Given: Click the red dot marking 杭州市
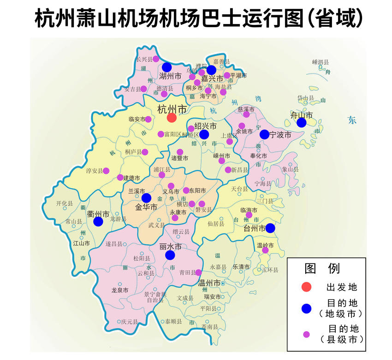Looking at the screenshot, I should [x=172, y=118].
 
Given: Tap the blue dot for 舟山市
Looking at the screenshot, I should [x=302, y=122].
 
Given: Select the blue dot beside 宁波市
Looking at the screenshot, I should [x=264, y=134].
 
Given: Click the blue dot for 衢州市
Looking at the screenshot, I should [x=98, y=222].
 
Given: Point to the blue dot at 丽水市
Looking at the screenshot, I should [x=170, y=255].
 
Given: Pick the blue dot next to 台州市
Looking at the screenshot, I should [x=270, y=228].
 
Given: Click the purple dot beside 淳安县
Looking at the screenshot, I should [x=106, y=171].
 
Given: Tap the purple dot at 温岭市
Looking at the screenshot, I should [x=265, y=250].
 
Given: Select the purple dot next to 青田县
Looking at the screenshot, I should [x=198, y=272].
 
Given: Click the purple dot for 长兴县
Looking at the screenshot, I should [x=156, y=59].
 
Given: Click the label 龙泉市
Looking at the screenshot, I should [x=120, y=290].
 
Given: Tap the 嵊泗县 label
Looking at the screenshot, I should [x=320, y=62].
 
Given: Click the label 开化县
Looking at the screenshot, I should [x=65, y=203].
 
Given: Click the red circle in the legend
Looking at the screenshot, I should [x=306, y=287].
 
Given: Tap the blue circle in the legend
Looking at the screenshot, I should [x=306, y=308].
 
